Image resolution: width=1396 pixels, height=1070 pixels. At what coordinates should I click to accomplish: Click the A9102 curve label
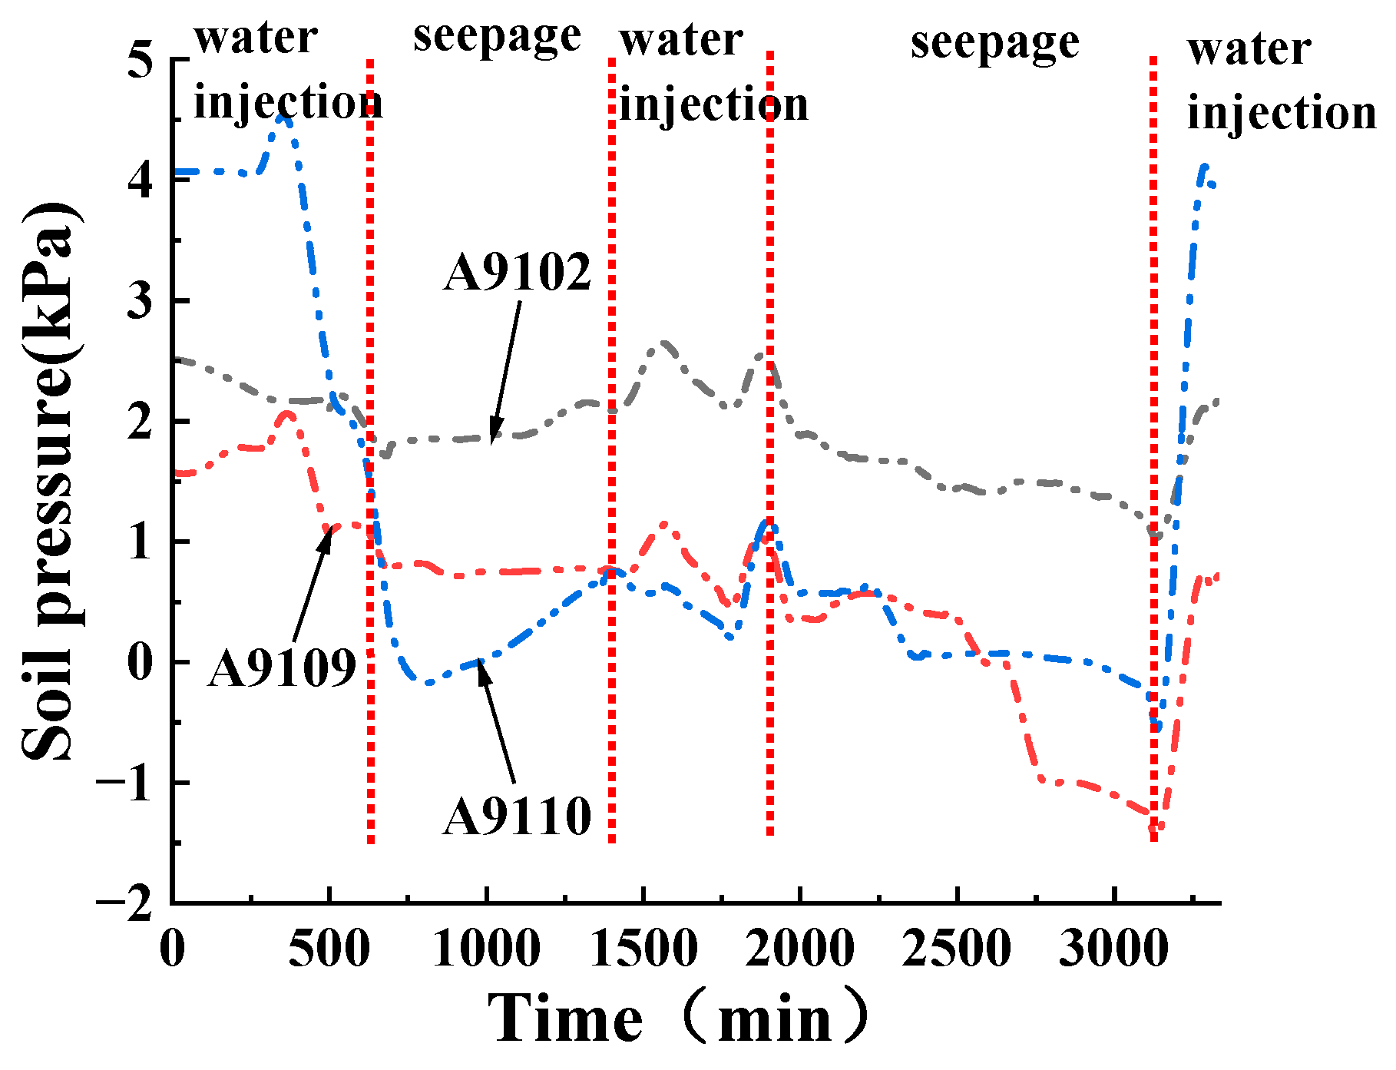point(518,273)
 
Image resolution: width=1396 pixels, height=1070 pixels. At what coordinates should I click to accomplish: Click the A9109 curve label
point(282,667)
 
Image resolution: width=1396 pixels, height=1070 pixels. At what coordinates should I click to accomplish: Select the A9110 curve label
point(517,816)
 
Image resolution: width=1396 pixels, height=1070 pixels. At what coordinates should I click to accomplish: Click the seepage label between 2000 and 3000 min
point(995,42)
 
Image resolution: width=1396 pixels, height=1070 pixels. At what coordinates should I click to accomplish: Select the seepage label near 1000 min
point(497,37)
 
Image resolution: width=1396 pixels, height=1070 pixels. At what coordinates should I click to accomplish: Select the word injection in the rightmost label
point(1281,114)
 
